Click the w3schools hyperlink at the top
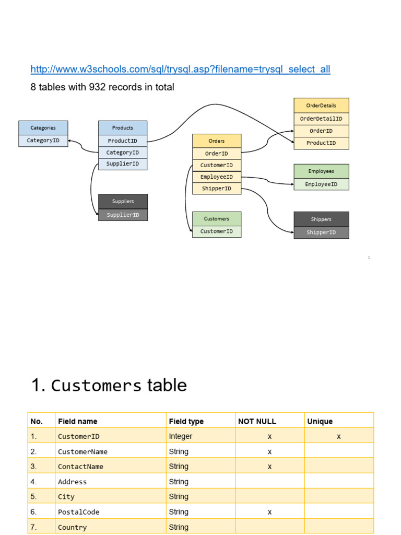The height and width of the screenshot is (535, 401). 180,69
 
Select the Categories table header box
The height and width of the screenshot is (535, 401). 43,127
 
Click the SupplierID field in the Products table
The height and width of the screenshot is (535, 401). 123,164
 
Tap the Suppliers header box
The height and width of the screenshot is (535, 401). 123,201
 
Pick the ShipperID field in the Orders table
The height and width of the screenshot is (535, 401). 217,188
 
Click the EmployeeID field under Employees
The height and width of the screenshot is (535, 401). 321,184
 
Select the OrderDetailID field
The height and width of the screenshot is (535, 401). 321,119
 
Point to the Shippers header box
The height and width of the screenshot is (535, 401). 321,219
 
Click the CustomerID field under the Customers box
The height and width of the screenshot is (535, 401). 217,231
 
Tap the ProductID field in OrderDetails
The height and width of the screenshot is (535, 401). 321,143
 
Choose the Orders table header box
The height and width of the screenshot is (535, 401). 217,141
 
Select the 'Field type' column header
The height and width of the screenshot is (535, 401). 186,422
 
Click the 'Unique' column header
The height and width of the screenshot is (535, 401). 320,422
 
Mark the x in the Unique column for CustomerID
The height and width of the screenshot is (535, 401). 338,436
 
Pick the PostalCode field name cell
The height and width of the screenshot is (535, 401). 79,512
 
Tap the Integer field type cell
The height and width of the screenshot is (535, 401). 180,436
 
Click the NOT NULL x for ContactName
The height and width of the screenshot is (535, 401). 270,467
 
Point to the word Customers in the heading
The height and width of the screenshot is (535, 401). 96,386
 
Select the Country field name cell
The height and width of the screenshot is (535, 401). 72,527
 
